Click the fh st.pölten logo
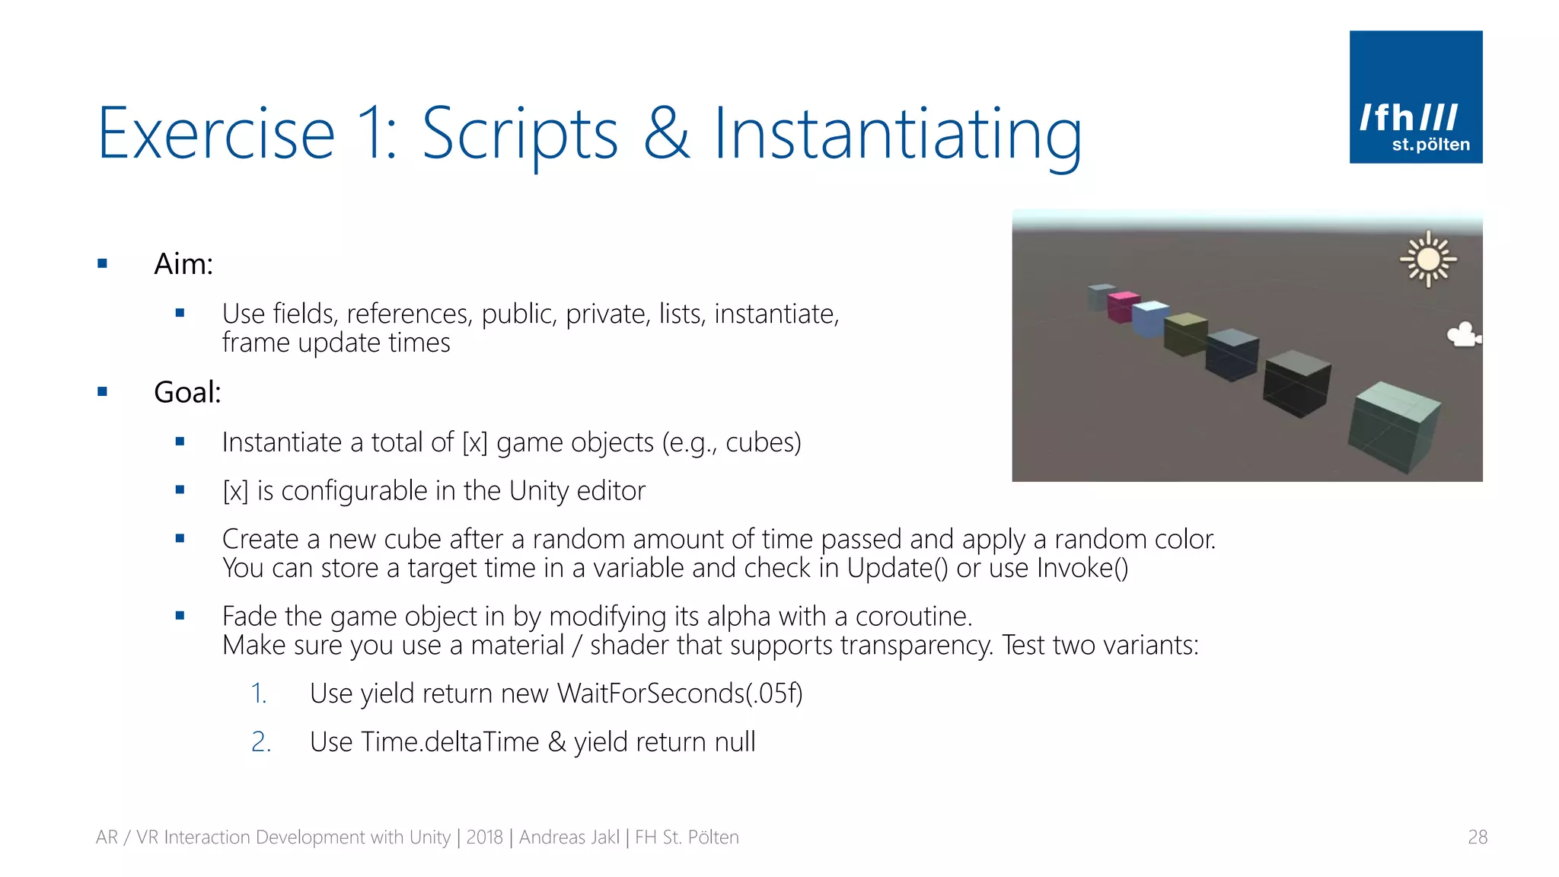click(x=1415, y=97)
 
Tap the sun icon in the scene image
click(x=1428, y=260)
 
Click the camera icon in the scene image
click(x=1463, y=335)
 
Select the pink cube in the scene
click(x=1121, y=306)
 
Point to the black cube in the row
click(x=1296, y=383)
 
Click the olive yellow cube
click(x=1184, y=333)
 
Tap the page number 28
click(x=1477, y=837)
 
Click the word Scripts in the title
click(x=520, y=135)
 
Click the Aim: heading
click(x=183, y=264)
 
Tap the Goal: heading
click(x=187, y=393)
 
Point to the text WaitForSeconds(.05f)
click(x=679, y=694)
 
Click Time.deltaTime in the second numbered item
click(x=450, y=742)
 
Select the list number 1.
click(x=259, y=694)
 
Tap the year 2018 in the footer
click(x=484, y=837)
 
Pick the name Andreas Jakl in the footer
click(x=569, y=837)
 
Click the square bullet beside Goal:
click(x=103, y=392)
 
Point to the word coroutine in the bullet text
click(x=913, y=616)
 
